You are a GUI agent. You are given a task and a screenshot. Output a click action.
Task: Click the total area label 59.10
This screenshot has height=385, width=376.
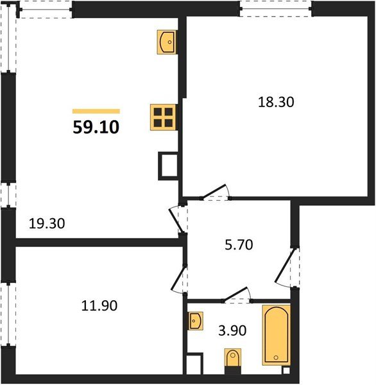click(x=96, y=126)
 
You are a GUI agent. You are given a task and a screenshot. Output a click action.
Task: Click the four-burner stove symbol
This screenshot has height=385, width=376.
click(x=162, y=117)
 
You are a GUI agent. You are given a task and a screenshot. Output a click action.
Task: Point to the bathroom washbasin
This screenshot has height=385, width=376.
click(x=196, y=320)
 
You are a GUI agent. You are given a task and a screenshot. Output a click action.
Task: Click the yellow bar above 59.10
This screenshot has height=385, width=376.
click(x=96, y=111)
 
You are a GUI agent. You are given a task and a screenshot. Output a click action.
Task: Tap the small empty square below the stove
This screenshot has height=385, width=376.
click(x=167, y=166)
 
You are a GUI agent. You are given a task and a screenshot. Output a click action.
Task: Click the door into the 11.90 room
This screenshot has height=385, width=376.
click(x=180, y=278)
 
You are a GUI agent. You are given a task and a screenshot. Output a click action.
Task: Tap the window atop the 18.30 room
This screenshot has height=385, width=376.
click(x=275, y=8)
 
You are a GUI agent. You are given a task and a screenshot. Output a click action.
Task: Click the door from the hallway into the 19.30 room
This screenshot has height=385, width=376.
click(x=178, y=218)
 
